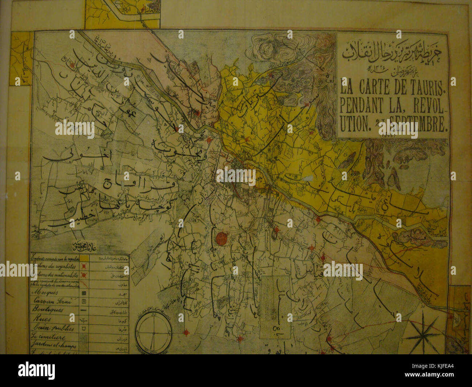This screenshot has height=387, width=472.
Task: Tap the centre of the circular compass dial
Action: (x=154, y=332)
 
